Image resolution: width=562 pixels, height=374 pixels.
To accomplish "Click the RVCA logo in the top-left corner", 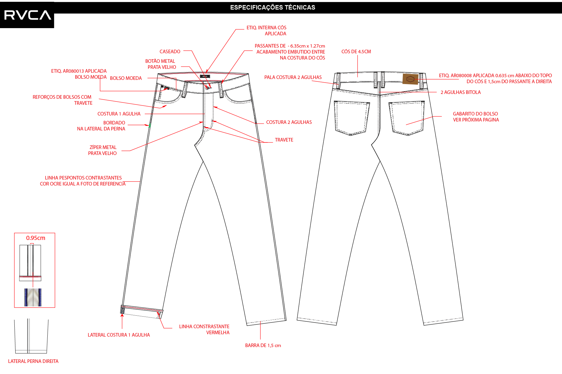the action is click(x=27, y=15).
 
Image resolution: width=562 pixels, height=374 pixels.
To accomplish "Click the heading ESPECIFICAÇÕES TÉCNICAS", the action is click(x=272, y=7).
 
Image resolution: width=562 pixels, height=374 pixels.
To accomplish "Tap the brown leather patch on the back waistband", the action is click(x=410, y=79).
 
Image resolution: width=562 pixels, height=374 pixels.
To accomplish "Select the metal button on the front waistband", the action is click(x=207, y=87).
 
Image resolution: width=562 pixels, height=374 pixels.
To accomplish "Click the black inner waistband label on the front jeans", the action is click(x=205, y=76).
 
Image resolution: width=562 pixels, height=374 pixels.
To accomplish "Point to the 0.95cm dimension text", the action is click(x=36, y=238).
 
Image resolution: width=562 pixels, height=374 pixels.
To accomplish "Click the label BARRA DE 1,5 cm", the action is click(x=263, y=346).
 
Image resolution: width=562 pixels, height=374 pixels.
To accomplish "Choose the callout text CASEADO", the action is click(x=170, y=51).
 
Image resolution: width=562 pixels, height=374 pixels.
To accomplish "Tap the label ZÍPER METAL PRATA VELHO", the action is click(x=103, y=150).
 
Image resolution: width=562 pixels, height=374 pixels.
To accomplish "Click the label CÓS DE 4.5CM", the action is click(x=356, y=51).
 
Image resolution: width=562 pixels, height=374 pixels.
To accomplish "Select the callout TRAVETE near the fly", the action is click(x=284, y=140).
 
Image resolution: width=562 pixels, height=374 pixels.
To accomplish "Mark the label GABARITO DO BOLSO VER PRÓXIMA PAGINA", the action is click(x=476, y=117).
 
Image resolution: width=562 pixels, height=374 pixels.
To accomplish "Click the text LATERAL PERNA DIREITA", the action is click(x=33, y=361).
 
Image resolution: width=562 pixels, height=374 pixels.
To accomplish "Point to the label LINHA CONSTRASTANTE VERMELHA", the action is click(x=204, y=329).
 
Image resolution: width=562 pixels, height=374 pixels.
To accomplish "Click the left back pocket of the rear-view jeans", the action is click(x=352, y=118).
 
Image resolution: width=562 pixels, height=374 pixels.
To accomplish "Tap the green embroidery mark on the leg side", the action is click(x=150, y=126).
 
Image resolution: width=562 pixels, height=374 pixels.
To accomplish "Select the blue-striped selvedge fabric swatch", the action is click(x=33, y=297).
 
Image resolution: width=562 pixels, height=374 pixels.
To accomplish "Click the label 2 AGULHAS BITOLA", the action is click(x=461, y=92).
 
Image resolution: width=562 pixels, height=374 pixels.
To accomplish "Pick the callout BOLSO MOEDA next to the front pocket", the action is click(x=126, y=78).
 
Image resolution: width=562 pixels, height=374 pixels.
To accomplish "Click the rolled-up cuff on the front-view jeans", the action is click(x=142, y=312).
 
